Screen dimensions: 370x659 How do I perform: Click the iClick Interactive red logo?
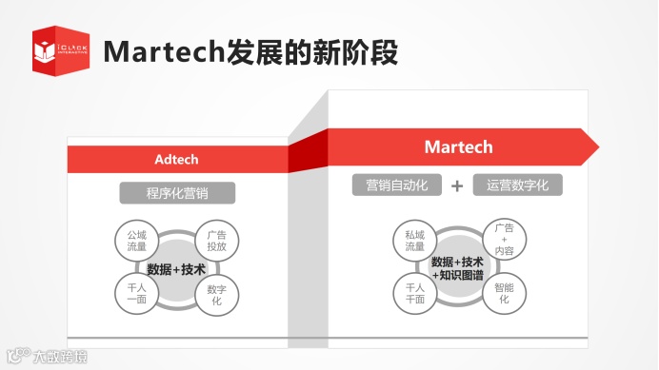(x=60, y=49)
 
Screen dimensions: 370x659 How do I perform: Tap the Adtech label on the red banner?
(x=176, y=159)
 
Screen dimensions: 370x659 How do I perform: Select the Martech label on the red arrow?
(x=458, y=146)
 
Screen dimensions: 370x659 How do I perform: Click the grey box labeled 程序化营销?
(x=177, y=193)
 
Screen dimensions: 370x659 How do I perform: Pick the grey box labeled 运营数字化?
(x=517, y=185)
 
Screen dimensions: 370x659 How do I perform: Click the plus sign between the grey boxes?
(x=457, y=185)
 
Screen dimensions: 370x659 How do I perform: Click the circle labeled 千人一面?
(x=130, y=293)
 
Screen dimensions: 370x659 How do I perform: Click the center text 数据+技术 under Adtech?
(x=176, y=269)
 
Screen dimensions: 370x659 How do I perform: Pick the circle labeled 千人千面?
(x=414, y=293)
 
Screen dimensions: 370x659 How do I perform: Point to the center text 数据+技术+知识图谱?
(x=457, y=268)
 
